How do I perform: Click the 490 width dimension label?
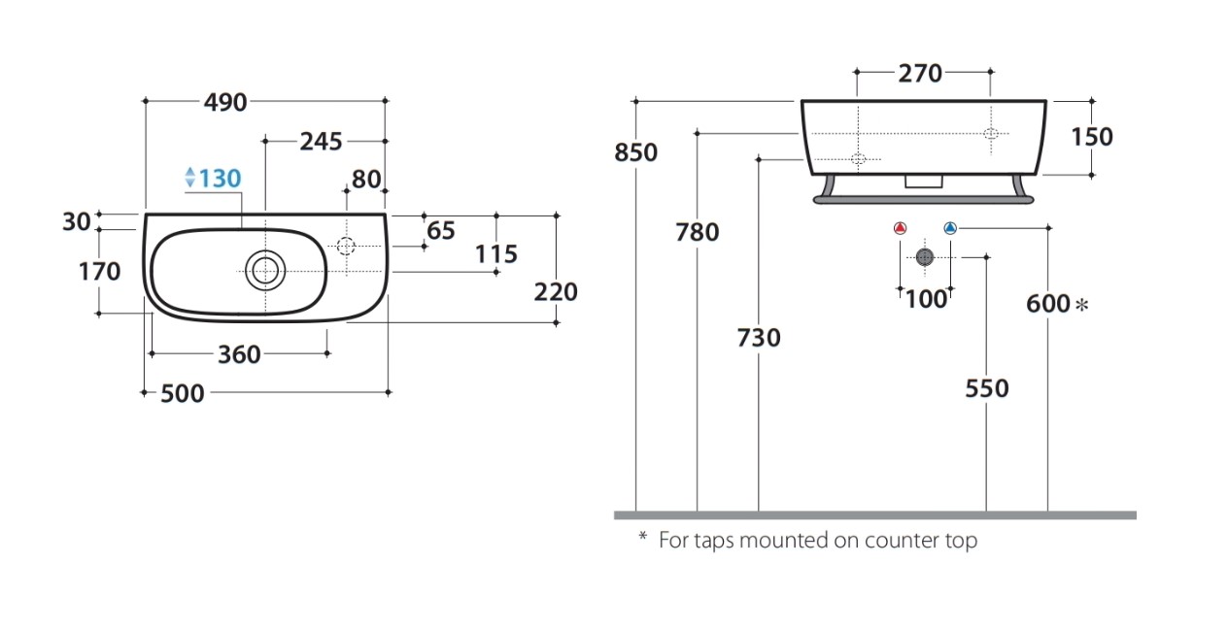[225, 103]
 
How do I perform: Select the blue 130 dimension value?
[220, 179]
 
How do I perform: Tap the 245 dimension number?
[321, 142]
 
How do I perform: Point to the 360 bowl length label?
[239, 355]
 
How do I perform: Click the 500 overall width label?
[182, 394]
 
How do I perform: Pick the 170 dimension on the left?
[99, 272]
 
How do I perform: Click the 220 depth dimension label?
[556, 292]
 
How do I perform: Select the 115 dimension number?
[496, 254]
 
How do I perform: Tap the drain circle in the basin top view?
[265, 271]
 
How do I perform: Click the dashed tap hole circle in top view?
[346, 247]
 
